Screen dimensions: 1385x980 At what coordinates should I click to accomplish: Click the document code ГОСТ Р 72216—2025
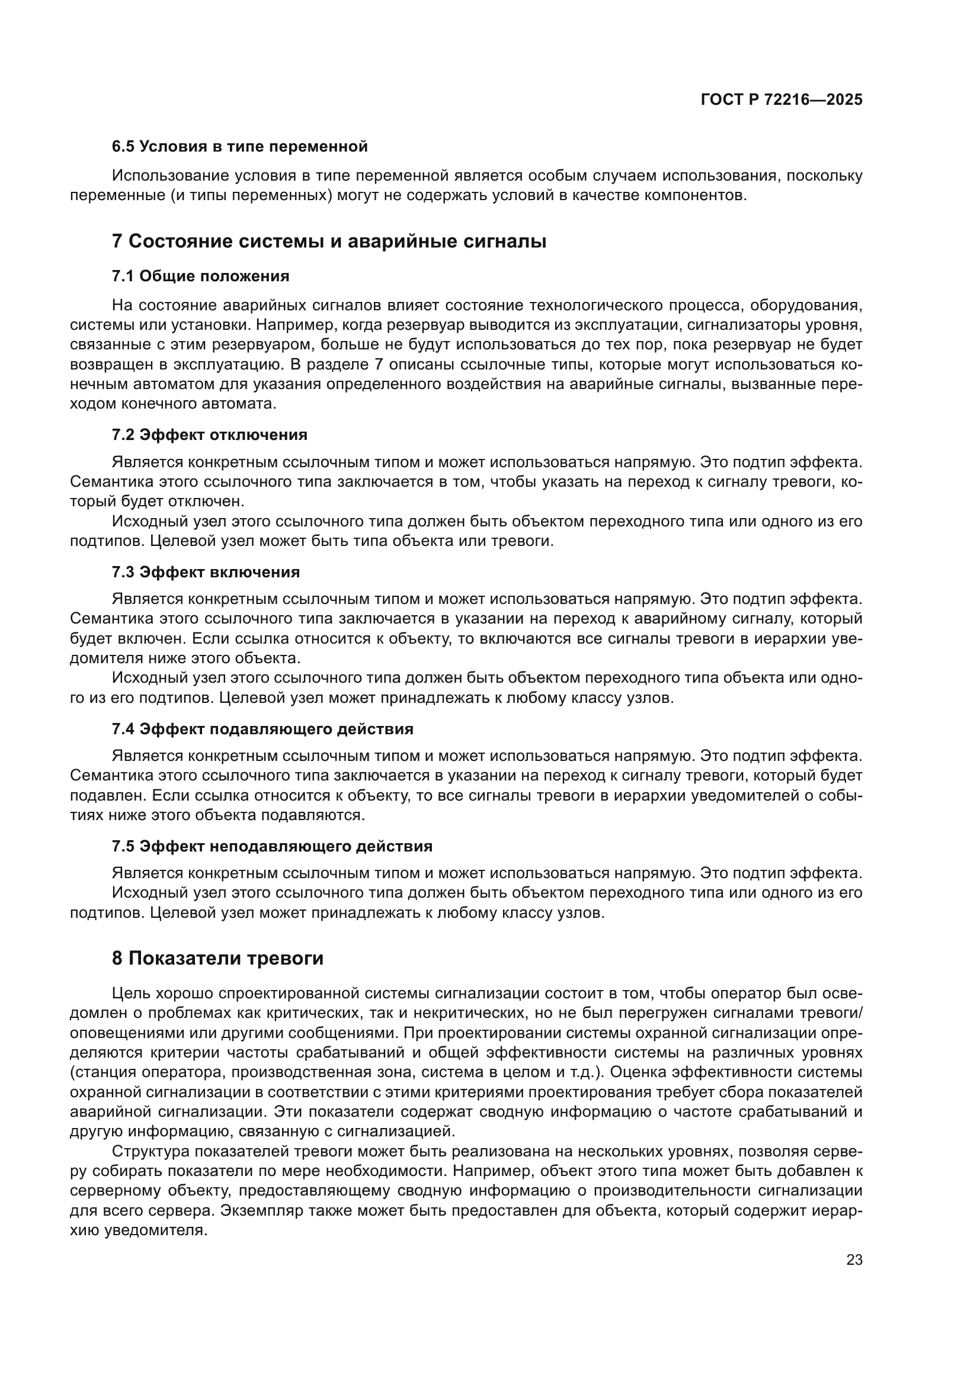[x=782, y=100]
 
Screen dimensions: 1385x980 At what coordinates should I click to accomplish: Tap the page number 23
[x=854, y=1259]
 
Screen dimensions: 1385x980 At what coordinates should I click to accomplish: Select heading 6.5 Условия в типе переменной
[x=239, y=147]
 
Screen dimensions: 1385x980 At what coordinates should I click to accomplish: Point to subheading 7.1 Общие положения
[x=200, y=277]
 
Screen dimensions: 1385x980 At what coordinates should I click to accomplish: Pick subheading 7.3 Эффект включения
[x=206, y=572]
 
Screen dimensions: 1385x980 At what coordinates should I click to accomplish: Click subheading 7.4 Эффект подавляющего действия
[x=262, y=729]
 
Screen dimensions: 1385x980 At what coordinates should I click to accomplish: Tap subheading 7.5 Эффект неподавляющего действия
[x=272, y=846]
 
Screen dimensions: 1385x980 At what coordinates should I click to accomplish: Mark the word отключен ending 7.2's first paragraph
[x=206, y=502]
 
